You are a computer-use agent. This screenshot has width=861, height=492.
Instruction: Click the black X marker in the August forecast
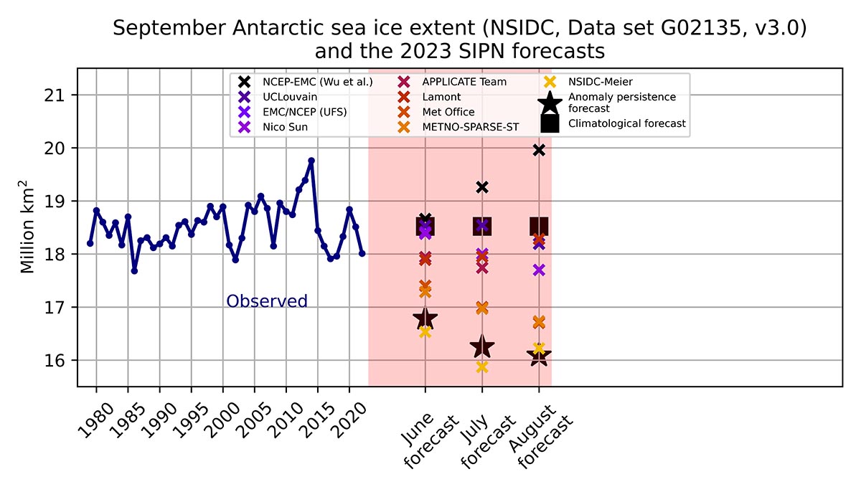pos(539,151)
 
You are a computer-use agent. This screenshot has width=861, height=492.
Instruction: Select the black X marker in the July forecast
pos(482,187)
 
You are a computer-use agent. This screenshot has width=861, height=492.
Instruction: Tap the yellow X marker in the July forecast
pos(482,367)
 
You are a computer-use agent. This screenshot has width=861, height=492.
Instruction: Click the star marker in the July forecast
pos(482,346)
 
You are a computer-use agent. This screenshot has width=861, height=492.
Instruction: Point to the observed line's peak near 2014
pos(311,161)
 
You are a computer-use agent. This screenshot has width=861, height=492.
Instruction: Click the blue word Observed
pos(267,301)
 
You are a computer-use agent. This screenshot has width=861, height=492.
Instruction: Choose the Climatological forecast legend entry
pos(613,123)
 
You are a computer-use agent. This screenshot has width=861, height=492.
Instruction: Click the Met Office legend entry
pos(436,112)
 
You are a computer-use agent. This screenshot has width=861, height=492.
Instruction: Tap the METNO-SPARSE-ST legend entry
pos(458,127)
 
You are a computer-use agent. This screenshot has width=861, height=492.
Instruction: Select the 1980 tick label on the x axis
pos(95,420)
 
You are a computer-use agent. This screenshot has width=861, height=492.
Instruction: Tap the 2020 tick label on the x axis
pos(349,420)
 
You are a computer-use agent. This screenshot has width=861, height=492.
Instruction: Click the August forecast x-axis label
pos(541,436)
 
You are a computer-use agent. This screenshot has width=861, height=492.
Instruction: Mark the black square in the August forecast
pos(539,227)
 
